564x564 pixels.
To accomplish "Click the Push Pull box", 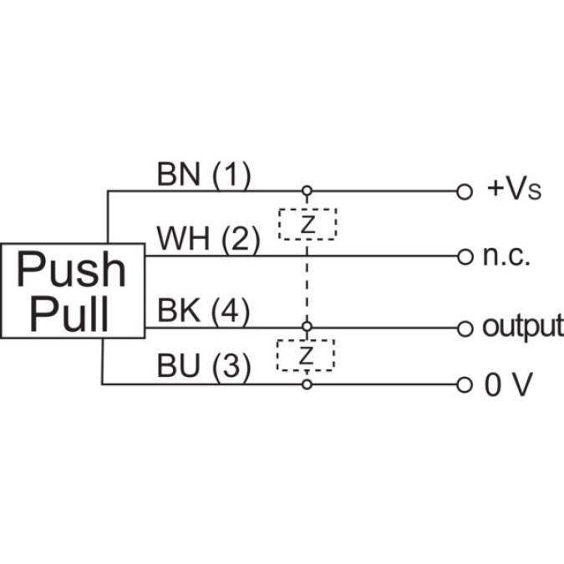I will (73, 291).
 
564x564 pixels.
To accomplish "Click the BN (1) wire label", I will (203, 175).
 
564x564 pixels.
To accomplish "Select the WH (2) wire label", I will (208, 241).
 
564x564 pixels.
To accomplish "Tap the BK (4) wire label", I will (204, 312).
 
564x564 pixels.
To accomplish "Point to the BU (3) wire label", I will (204, 368).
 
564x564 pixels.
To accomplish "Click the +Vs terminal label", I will (514, 191).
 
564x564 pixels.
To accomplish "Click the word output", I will (522, 327).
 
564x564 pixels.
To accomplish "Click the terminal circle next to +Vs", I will (465, 191).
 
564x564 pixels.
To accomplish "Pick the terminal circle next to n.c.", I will (465, 257).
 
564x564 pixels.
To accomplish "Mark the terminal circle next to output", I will (465, 327).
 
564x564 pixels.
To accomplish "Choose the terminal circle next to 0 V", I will (465, 385).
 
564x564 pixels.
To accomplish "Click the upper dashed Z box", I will (307, 224).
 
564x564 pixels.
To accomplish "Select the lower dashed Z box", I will (306, 355).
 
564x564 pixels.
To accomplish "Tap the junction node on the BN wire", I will (307, 191).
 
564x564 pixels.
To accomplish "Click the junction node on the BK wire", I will (307, 327).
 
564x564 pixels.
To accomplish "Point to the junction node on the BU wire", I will (307, 384).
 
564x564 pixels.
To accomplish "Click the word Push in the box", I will (73, 270).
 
